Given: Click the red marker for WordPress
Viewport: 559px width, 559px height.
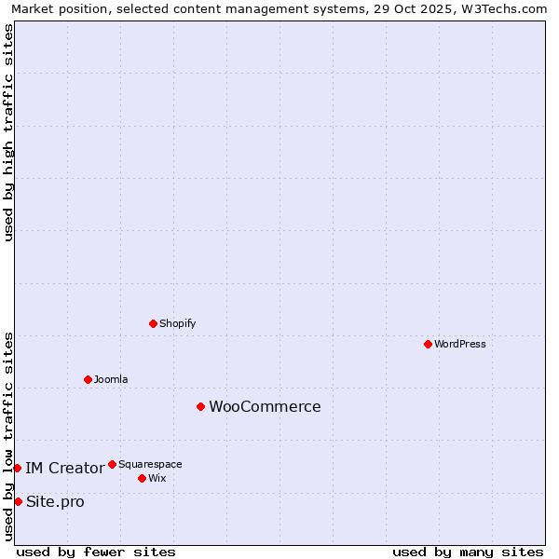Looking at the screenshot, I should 428,344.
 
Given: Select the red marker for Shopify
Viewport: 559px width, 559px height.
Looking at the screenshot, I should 153,323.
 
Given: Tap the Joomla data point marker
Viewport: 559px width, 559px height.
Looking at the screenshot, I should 88,379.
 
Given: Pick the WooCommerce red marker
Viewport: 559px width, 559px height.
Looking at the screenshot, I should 200,406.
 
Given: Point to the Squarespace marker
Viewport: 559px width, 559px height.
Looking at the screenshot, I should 112,464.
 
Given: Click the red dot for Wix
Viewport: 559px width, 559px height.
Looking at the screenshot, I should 142,478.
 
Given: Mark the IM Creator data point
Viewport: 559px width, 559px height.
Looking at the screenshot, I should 17,468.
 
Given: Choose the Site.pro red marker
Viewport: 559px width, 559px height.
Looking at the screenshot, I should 18,501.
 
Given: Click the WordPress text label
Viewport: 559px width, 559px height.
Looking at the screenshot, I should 460,344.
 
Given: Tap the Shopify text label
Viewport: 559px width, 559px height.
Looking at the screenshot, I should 177,323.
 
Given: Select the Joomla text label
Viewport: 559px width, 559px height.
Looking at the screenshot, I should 111,379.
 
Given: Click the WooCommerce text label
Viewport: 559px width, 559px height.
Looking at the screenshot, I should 265,406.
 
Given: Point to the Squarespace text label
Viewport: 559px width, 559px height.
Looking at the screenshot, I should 150,464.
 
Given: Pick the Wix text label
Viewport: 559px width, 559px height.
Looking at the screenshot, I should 157,478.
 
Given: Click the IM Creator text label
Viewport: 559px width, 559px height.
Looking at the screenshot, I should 64,468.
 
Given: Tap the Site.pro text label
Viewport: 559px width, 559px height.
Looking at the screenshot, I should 55,501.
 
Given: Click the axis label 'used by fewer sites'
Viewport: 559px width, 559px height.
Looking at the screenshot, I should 96,552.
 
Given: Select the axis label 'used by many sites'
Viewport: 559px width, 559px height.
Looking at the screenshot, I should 468,552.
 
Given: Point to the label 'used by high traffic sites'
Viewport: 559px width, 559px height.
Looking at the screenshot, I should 9,132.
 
